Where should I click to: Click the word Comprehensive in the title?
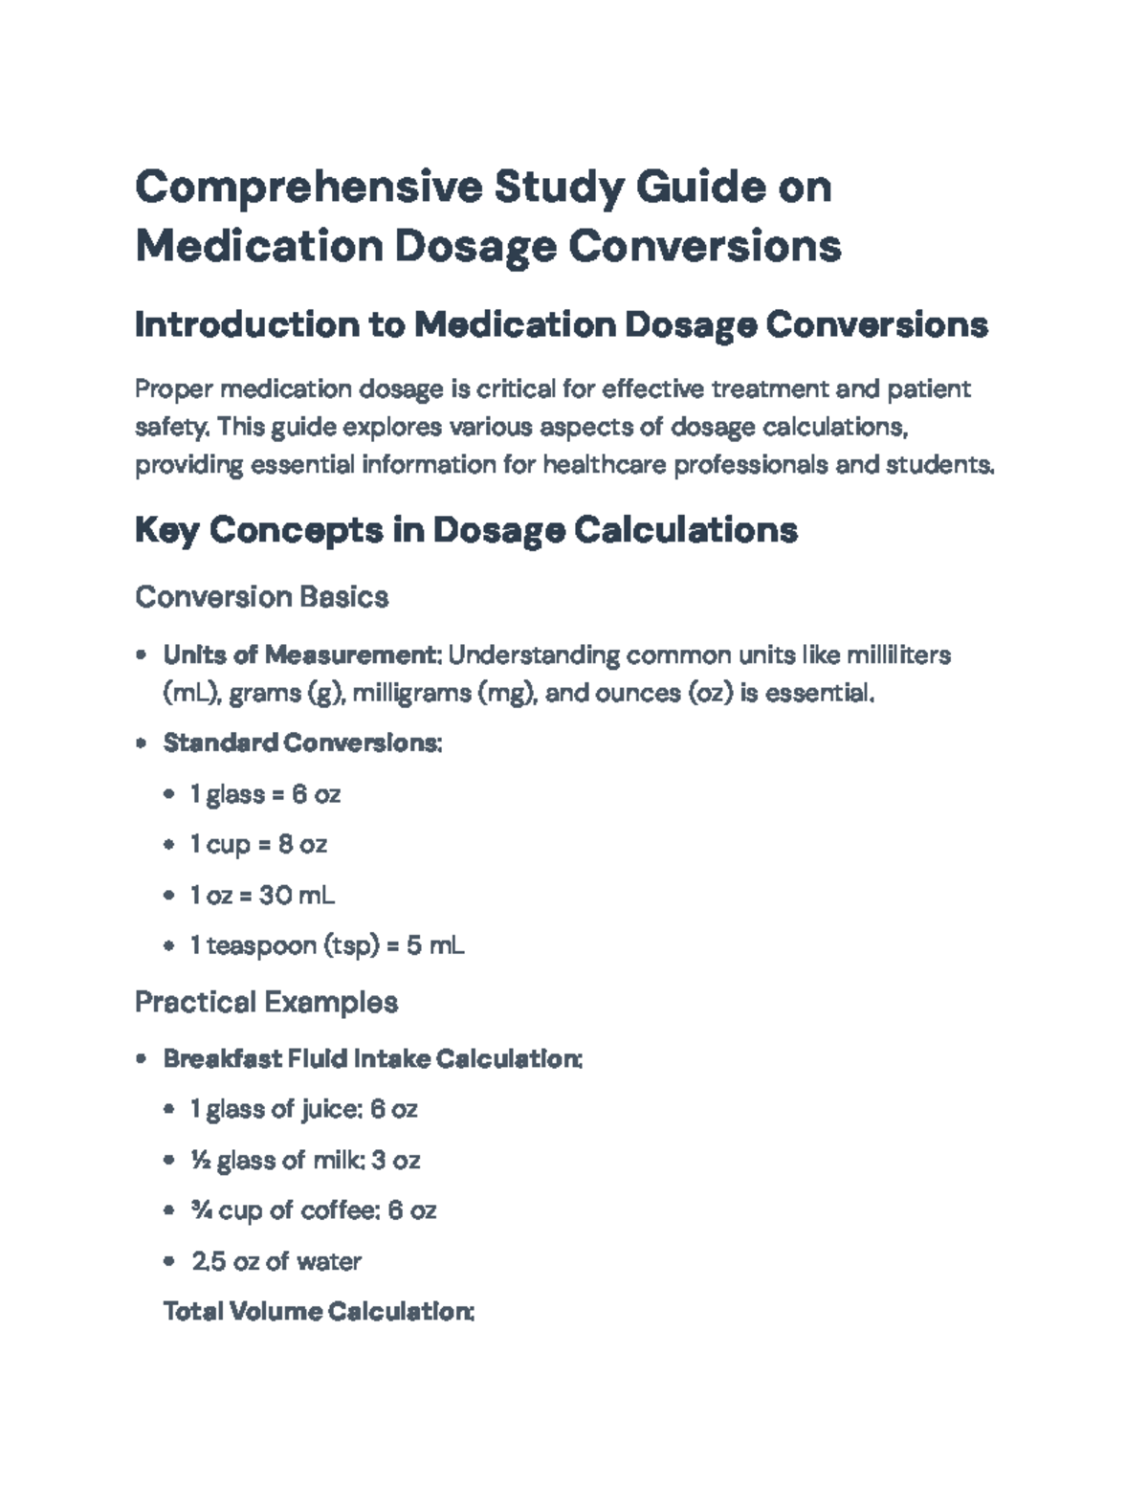[x=309, y=188]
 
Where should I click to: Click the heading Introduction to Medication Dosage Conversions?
[x=562, y=325]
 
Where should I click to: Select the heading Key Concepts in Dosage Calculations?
[x=466, y=529]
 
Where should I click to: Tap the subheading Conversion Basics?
[x=261, y=597]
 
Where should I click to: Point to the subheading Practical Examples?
[x=266, y=1002]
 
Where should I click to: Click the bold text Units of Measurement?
[x=299, y=655]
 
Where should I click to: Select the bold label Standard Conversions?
[x=302, y=743]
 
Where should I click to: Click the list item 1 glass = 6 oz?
[x=265, y=794]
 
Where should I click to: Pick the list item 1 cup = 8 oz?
[x=258, y=845]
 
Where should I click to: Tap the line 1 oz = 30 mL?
[x=262, y=896]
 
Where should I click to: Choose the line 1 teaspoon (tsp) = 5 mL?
[x=327, y=946]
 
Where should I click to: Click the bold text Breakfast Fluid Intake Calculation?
[x=372, y=1059]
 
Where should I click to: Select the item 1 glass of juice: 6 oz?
[x=303, y=1110]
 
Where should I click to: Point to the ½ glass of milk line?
[x=305, y=1161]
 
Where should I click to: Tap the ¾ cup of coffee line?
[x=313, y=1210]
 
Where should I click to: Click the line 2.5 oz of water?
[x=276, y=1261]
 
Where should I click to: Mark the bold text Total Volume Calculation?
[x=319, y=1311]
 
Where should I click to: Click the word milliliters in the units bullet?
[x=899, y=655]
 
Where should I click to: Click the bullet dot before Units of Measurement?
[x=142, y=655]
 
